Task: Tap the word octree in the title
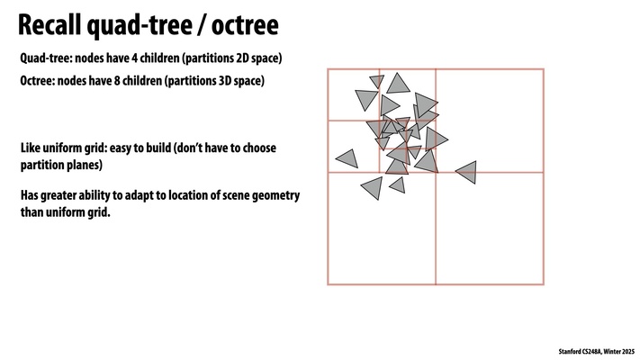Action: coord(245,25)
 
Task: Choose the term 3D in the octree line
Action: coord(223,81)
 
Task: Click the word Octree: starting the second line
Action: coord(37,81)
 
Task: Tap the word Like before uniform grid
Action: coord(31,148)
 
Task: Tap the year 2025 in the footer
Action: coord(628,351)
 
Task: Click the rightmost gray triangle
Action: coord(467,172)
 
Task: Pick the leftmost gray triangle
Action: coord(348,158)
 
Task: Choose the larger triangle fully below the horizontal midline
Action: coord(374,188)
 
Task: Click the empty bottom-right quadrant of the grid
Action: coord(490,229)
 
